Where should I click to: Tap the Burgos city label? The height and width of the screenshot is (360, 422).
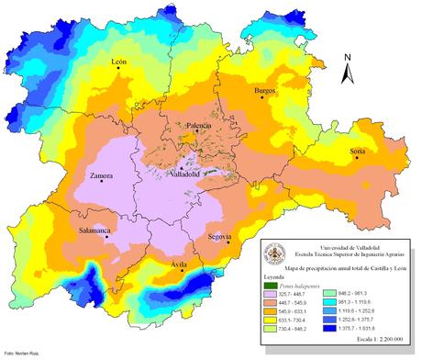click(265, 91)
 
